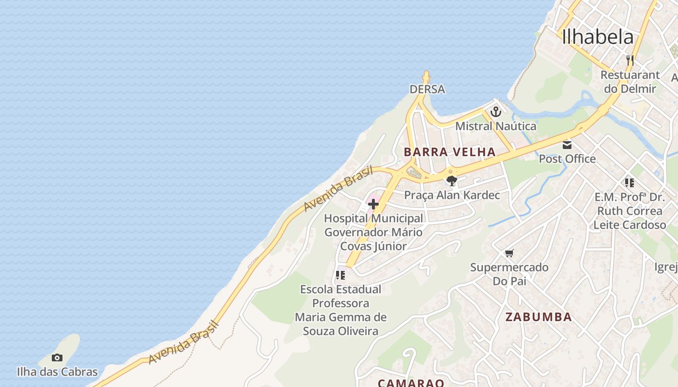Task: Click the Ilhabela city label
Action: click(598, 37)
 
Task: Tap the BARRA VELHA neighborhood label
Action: click(449, 152)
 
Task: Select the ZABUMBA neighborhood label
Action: click(539, 317)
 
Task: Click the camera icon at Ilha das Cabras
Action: click(57, 358)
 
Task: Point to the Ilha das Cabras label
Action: click(57, 372)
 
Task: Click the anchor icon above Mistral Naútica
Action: click(495, 112)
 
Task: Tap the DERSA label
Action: click(427, 89)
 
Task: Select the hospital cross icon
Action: click(373, 204)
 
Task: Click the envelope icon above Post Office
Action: click(567, 145)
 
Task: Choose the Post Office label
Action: click(567, 159)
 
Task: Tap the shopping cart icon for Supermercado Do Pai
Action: click(509, 253)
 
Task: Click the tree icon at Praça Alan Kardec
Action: click(451, 181)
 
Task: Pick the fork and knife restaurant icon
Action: click(630, 60)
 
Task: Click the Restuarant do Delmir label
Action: click(630, 82)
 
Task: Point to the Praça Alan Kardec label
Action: click(452, 195)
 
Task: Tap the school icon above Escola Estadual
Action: click(340, 275)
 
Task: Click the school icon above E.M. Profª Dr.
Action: click(629, 183)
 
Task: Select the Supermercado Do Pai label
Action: click(509, 274)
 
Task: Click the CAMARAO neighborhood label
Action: click(411, 383)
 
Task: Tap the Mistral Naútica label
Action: click(495, 126)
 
